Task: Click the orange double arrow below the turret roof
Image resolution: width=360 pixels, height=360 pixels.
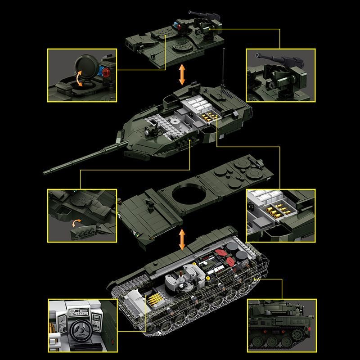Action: coord(182,74)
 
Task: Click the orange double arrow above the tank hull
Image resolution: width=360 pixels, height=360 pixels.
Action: coord(182,239)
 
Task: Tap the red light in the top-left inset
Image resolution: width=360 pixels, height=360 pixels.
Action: coord(107,72)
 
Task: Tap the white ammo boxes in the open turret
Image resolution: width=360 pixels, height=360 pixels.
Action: coord(197,106)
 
